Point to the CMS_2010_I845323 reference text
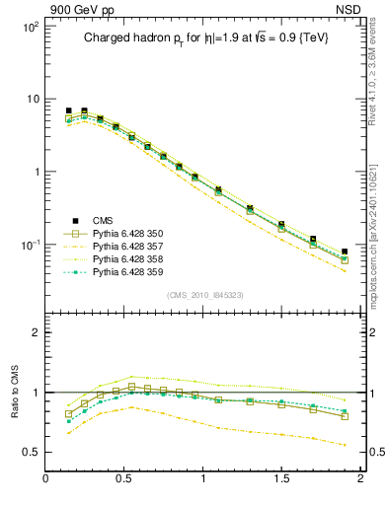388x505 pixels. click(x=204, y=294)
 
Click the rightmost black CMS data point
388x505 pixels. click(x=345, y=252)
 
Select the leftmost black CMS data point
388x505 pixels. click(x=68, y=110)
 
